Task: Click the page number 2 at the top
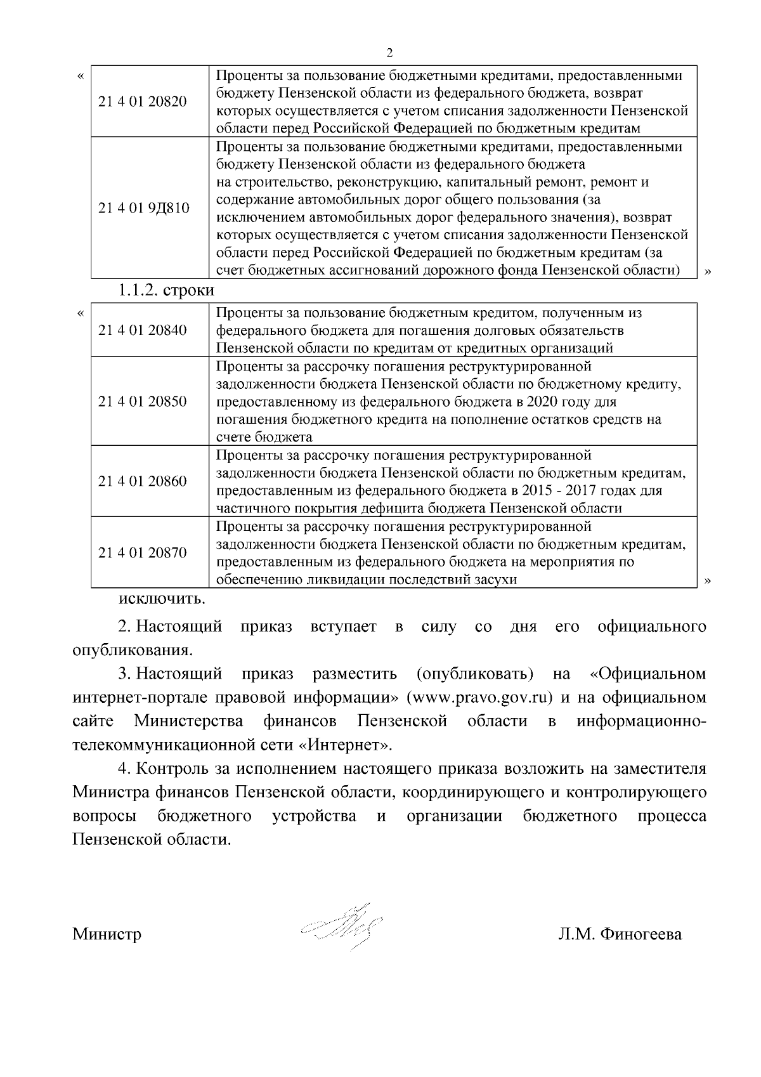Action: coord(389,52)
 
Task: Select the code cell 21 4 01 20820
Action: coord(143,101)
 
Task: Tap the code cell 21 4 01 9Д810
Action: coord(144,208)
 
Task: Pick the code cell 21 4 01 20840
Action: coord(143,330)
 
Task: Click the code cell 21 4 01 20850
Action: coord(143,401)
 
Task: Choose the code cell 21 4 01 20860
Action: coord(143,481)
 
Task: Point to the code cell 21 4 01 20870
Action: coord(143,552)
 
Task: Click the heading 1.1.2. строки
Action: coord(166,290)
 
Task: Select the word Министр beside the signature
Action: coord(107,934)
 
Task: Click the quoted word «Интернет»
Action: coord(345,744)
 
